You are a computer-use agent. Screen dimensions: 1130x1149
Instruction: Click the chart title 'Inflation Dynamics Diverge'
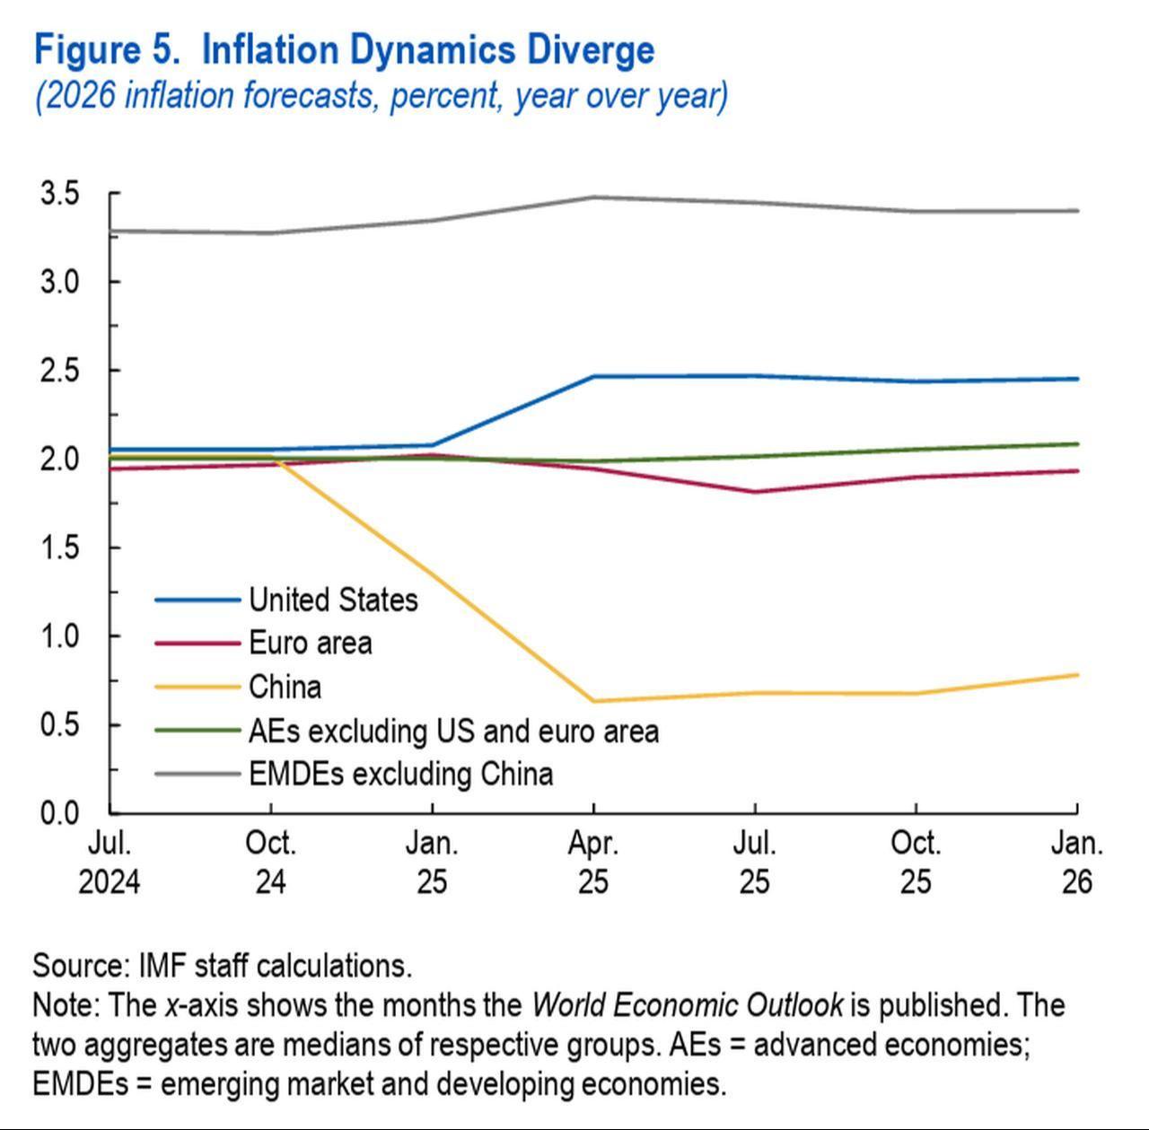[x=427, y=50]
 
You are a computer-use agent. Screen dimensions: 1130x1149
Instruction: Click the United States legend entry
[x=332, y=600]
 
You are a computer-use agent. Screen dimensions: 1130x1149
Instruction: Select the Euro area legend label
[x=310, y=643]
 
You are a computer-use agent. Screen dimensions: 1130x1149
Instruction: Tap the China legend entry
[x=285, y=687]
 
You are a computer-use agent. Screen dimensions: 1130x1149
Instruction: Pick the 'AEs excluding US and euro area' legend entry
[x=453, y=731]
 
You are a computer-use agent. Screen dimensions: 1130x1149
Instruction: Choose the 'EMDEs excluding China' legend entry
[x=400, y=774]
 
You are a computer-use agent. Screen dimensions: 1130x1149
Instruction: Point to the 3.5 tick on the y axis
[x=59, y=193]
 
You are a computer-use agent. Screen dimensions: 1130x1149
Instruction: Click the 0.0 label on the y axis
[x=59, y=813]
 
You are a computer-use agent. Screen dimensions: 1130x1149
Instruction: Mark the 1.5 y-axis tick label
[x=59, y=547]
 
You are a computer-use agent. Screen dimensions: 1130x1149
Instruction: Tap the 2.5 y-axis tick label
[x=59, y=370]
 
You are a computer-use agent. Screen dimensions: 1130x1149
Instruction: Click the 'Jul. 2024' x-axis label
[x=109, y=863]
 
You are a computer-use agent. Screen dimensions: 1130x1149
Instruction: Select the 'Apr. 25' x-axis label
[x=592, y=863]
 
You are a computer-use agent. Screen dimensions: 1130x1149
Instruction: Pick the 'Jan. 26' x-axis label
[x=1076, y=863]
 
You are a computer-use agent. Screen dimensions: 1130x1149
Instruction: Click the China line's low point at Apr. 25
[x=592, y=701]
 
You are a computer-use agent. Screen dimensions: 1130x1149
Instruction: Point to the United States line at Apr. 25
[x=592, y=376]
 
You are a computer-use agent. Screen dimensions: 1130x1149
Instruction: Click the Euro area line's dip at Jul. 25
[x=754, y=492]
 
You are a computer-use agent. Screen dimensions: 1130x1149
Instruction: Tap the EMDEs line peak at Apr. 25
[x=592, y=197]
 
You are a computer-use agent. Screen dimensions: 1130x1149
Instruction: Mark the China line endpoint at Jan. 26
[x=1076, y=675]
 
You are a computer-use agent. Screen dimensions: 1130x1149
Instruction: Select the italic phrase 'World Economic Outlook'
[x=687, y=1004]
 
